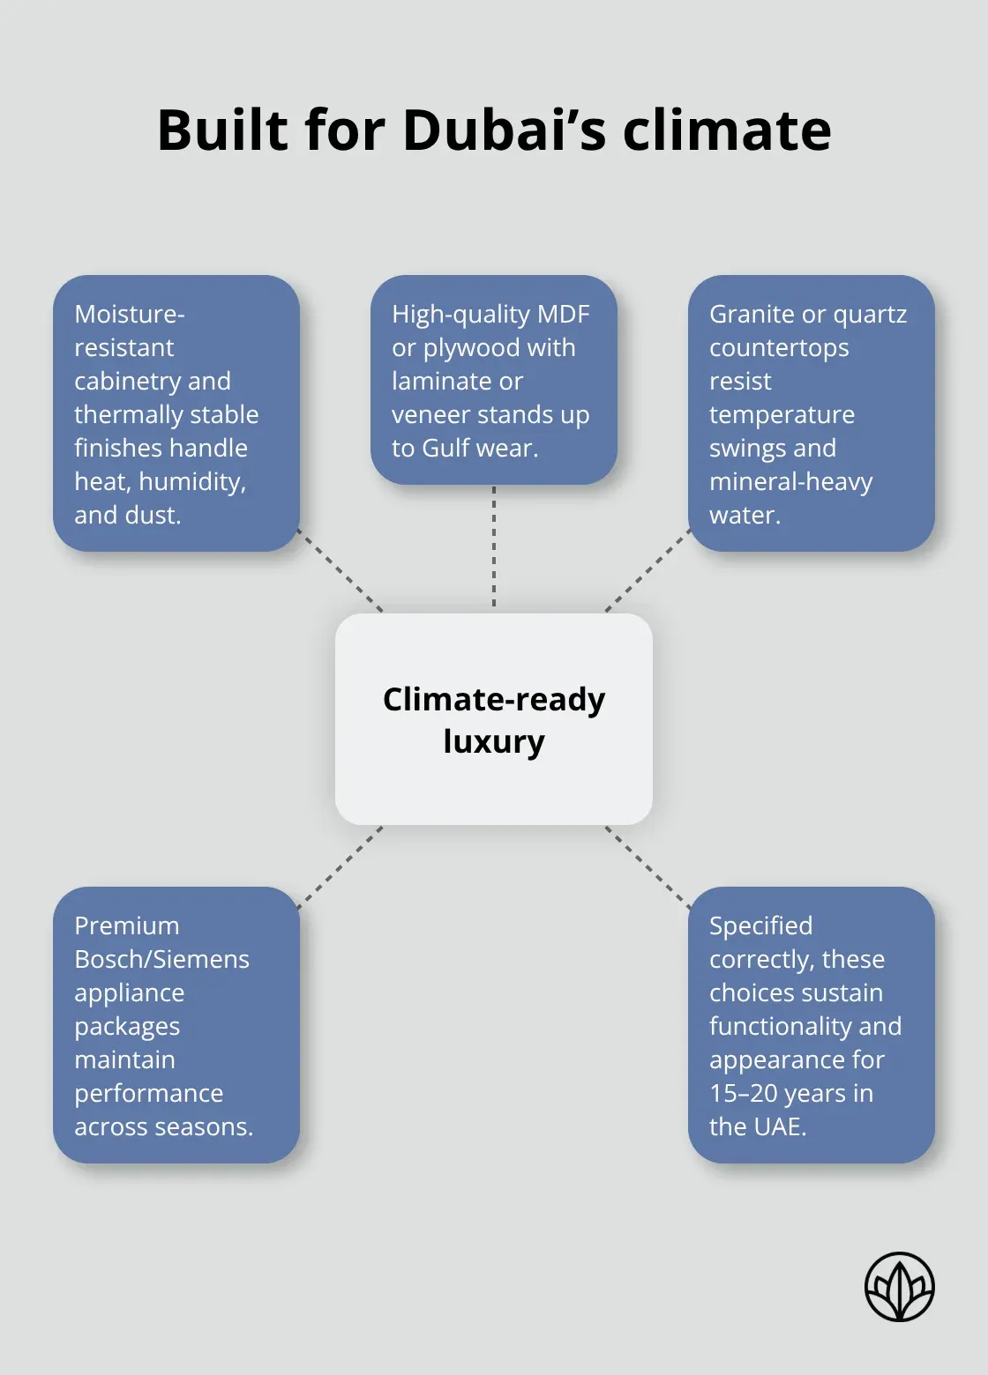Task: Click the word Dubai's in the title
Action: click(504, 130)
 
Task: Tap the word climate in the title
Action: click(727, 130)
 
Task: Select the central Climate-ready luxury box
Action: click(493, 719)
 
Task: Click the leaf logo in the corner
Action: click(900, 1287)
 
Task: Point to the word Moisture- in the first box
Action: click(129, 315)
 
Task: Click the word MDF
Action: click(564, 315)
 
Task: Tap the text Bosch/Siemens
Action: click(161, 960)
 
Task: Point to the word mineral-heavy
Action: click(790, 482)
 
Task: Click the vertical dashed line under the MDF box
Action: click(494, 547)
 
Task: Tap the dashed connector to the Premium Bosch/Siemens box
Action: click(340, 867)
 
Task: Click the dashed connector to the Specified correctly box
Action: click(648, 867)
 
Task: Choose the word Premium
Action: click(126, 925)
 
